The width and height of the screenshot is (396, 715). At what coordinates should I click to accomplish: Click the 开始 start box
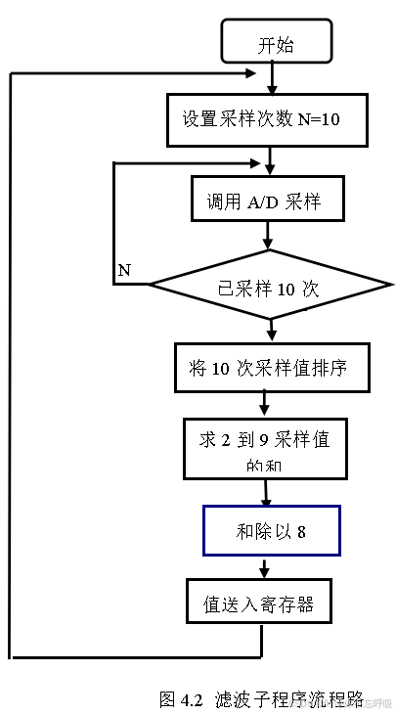pos(277,45)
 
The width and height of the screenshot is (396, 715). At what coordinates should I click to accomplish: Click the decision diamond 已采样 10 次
pos(268,289)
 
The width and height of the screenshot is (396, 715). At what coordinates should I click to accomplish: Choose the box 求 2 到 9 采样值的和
pos(264,448)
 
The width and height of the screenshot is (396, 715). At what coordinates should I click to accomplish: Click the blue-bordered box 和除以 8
pos(271,531)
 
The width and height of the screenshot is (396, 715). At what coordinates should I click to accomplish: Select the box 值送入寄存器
pos(258,603)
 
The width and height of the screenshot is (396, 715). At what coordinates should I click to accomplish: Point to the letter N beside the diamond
pos(124,269)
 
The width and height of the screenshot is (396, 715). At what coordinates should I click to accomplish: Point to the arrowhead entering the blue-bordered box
pos(265,501)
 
